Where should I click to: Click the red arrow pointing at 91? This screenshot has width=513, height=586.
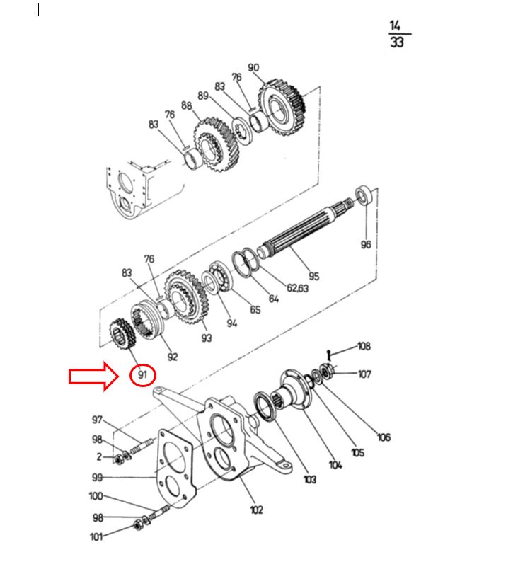93,377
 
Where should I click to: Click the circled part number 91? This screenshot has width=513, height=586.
142,374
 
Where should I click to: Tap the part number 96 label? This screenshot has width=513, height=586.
366,244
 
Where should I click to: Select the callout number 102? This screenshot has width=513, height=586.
256,510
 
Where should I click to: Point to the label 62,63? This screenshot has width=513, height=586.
298,288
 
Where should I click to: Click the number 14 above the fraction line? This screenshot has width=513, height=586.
395,25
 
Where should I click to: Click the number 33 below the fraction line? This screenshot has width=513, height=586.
397,42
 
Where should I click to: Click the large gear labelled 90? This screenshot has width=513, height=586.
282,108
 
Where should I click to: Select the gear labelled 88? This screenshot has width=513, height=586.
215,144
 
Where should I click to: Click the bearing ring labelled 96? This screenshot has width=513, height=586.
364,195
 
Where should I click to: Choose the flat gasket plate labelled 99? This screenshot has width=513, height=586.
175,469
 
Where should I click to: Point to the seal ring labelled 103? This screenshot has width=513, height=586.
265,406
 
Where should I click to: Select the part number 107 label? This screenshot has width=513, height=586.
364,374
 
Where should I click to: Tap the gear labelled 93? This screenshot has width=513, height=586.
186,297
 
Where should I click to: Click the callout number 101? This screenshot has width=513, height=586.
96,536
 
